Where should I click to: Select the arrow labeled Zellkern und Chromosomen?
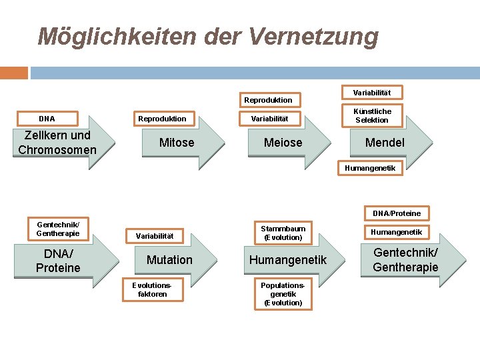(60, 143)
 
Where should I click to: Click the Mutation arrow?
(171, 260)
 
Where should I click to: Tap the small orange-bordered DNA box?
(47, 119)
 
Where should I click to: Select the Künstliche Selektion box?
(373, 115)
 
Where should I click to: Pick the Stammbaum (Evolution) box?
(283, 233)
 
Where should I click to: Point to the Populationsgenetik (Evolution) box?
(283, 293)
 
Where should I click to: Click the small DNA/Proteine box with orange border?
(397, 213)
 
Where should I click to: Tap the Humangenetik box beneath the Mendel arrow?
(370, 168)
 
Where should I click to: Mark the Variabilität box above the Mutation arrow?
(155, 235)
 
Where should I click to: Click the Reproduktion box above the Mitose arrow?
(162, 119)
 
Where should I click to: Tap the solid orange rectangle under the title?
(14, 73)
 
